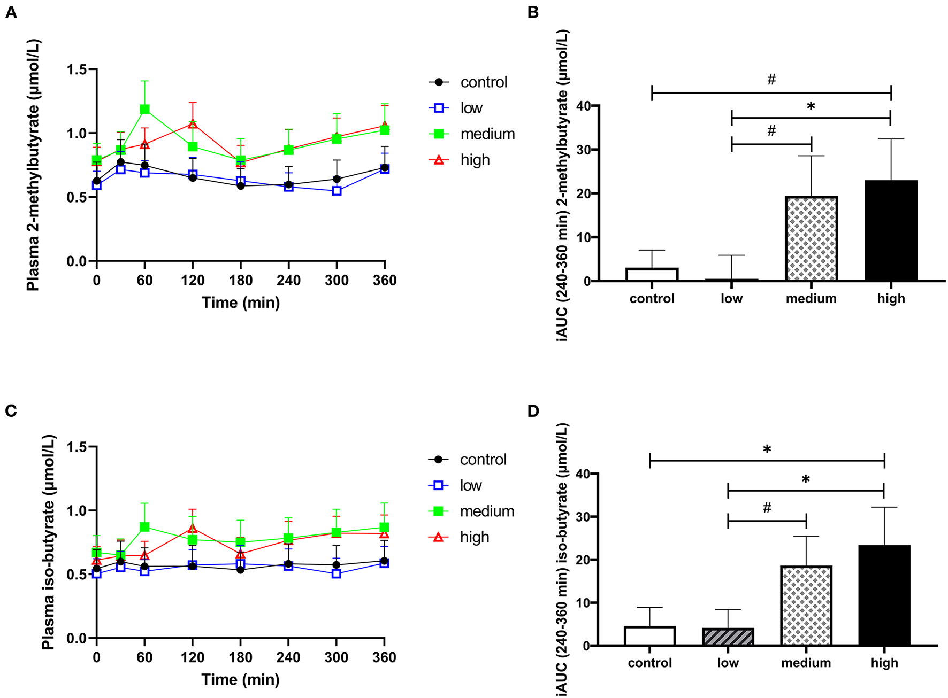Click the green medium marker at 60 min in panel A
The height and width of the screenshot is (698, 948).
[144, 109]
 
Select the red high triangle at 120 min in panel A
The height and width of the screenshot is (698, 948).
[193, 124]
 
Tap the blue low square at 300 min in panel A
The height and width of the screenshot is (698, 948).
[337, 190]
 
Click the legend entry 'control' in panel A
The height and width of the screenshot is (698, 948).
[483, 82]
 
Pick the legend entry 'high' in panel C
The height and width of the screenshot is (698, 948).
[474, 537]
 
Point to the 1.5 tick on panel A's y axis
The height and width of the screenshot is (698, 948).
[78, 69]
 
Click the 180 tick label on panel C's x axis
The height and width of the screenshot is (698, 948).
[240, 657]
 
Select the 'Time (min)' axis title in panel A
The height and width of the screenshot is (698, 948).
[240, 303]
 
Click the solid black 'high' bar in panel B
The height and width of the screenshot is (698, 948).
[891, 231]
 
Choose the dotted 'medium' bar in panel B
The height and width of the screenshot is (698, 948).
[811, 239]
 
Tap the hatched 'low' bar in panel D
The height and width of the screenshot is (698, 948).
[728, 637]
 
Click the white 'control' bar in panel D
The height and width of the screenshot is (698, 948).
[649, 636]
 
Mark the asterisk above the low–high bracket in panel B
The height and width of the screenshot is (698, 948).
[811, 107]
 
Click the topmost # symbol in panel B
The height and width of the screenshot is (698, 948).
[771, 80]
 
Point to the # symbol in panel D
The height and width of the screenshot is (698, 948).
[767, 508]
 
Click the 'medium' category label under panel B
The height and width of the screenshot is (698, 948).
[811, 299]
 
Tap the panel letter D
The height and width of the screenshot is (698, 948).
[533, 411]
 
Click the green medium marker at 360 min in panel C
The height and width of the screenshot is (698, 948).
[384, 527]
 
